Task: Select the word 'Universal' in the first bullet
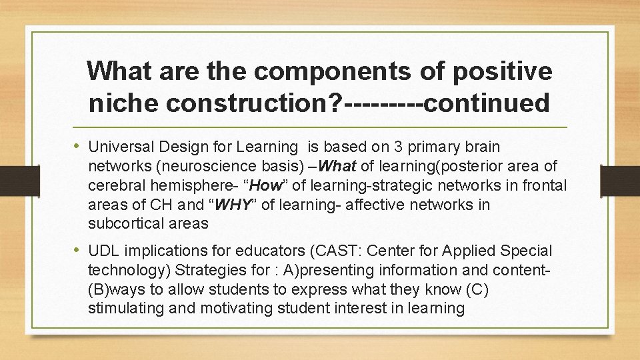coord(121,146)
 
